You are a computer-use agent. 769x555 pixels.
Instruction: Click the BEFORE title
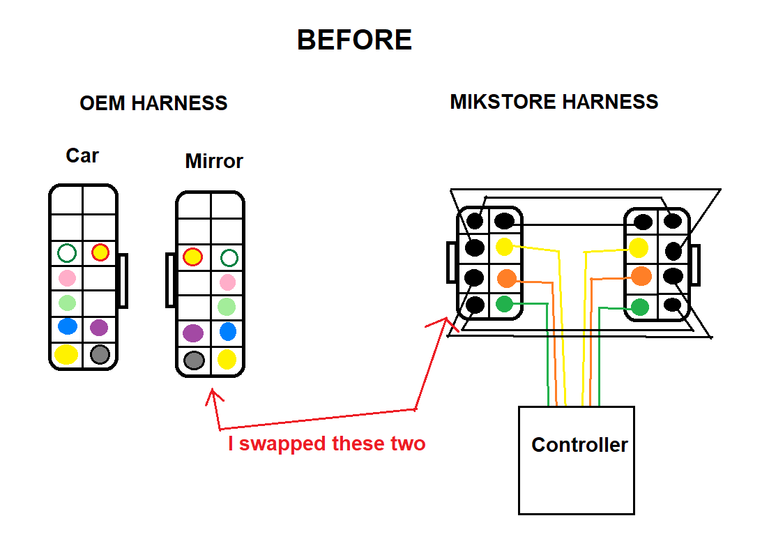pos(354,40)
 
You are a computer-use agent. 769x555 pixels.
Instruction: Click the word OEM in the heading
pos(102,103)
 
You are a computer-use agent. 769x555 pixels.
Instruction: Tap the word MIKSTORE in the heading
pos(503,102)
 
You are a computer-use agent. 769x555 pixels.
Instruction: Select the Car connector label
pos(82,155)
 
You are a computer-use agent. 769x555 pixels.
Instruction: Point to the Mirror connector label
pos(214,161)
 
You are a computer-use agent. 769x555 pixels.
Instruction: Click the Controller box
pos(577,460)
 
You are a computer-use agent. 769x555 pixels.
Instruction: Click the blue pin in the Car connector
pos(68,326)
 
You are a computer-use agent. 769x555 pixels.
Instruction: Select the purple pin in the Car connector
pos(99,328)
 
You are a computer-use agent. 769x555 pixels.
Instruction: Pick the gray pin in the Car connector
pos(100,354)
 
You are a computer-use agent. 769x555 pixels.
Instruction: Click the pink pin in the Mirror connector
pos(227,282)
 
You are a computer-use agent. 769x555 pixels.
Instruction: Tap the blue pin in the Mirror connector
pos(228,331)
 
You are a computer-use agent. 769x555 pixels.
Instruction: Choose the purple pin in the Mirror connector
pos(192,333)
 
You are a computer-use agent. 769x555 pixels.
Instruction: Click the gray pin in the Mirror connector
pos(194,360)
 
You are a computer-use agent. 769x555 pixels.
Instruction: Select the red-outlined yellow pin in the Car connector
pos(100,252)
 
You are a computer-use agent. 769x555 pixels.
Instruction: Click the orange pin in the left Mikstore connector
pos(507,278)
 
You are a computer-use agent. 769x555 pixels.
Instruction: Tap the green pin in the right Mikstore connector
pos(639,307)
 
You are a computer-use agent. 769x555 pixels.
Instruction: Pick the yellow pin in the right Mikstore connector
pos(639,248)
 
